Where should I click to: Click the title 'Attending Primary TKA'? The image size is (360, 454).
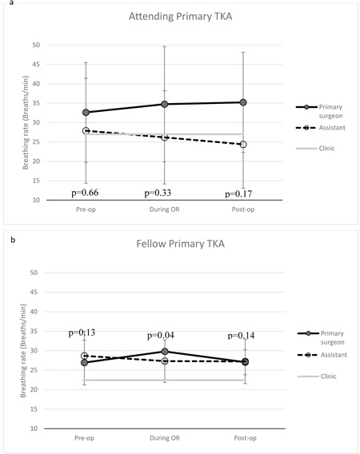pyautogui.click(x=180, y=17)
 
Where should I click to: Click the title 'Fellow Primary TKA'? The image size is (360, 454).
pyautogui.click(x=180, y=244)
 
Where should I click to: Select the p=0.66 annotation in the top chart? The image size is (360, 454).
pyautogui.click(x=85, y=193)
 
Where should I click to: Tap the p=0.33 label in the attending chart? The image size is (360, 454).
pyautogui.click(x=158, y=193)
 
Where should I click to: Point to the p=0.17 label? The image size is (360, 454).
pyautogui.click(x=238, y=194)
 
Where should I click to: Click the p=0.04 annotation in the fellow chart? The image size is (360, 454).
pyautogui.click(x=161, y=335)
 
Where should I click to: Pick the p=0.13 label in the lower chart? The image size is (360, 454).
pyautogui.click(x=82, y=333)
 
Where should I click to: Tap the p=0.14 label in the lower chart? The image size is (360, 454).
pyautogui.click(x=241, y=336)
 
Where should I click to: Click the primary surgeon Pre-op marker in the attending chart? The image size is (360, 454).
pyautogui.click(x=86, y=113)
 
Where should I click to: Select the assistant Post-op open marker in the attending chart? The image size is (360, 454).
pyautogui.click(x=243, y=144)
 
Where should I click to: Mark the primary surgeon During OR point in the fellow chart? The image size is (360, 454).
pyautogui.click(x=165, y=352)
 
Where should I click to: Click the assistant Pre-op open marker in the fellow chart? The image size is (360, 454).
pyautogui.click(x=84, y=356)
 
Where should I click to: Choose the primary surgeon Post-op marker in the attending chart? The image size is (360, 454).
pyautogui.click(x=243, y=102)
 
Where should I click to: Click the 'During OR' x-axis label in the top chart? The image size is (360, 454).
pyautogui.click(x=164, y=209)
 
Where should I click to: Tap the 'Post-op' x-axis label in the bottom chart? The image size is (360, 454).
pyautogui.click(x=246, y=438)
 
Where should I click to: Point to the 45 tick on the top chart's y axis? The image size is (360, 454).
pyautogui.click(x=36, y=64)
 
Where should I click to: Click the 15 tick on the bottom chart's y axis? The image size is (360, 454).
pyautogui.click(x=34, y=409)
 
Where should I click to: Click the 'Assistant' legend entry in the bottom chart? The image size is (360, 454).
pyautogui.click(x=322, y=355)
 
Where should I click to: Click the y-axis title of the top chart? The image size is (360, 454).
pyautogui.click(x=26, y=122)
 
